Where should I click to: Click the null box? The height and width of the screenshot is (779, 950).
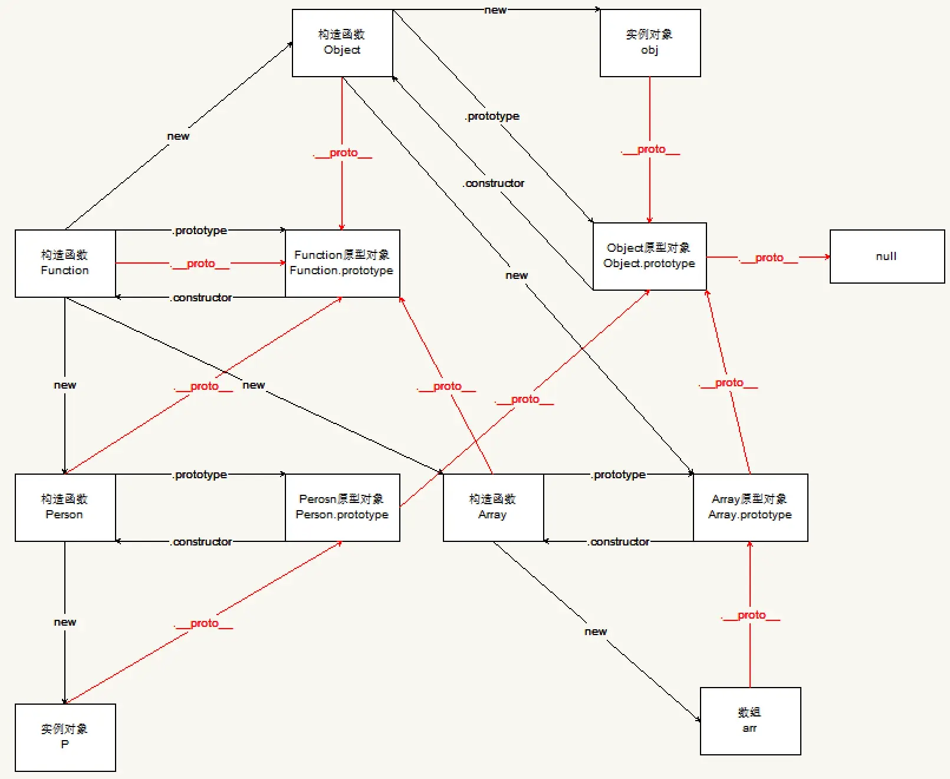(887, 257)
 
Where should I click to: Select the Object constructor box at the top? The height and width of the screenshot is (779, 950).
(342, 42)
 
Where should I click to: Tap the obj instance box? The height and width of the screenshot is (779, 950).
(650, 42)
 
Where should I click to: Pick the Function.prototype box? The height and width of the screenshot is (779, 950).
(342, 263)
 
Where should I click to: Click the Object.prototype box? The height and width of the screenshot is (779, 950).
(649, 256)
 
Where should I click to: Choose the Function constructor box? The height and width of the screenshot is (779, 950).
(65, 263)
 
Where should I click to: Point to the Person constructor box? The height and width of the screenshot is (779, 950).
(65, 507)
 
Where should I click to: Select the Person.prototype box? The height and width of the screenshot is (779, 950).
(342, 507)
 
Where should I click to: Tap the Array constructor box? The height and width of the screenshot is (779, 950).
(493, 507)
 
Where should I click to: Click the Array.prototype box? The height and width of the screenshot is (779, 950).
(750, 507)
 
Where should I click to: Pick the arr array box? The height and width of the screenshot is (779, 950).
(750, 721)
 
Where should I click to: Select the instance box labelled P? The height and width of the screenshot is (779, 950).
(65, 737)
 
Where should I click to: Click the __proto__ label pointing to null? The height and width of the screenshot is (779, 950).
(768, 258)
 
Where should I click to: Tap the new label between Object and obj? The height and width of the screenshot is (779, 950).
(495, 10)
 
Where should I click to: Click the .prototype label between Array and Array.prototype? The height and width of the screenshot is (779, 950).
(619, 475)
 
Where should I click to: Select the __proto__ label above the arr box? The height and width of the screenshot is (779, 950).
(751, 616)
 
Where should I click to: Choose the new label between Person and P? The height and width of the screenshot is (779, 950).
(65, 622)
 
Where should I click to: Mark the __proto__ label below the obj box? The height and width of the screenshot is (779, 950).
(650, 150)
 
